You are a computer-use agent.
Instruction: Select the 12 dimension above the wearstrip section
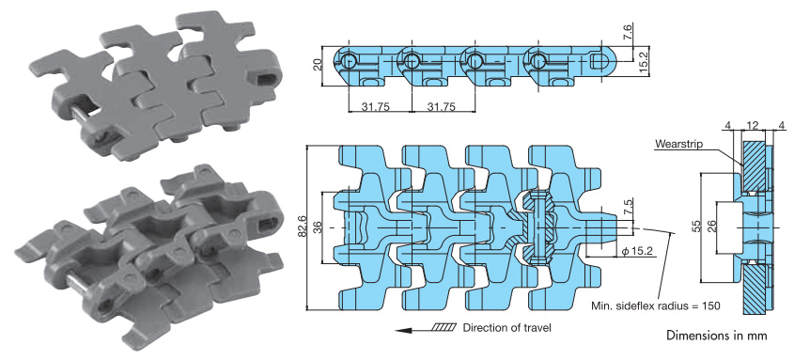coord(753,125)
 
